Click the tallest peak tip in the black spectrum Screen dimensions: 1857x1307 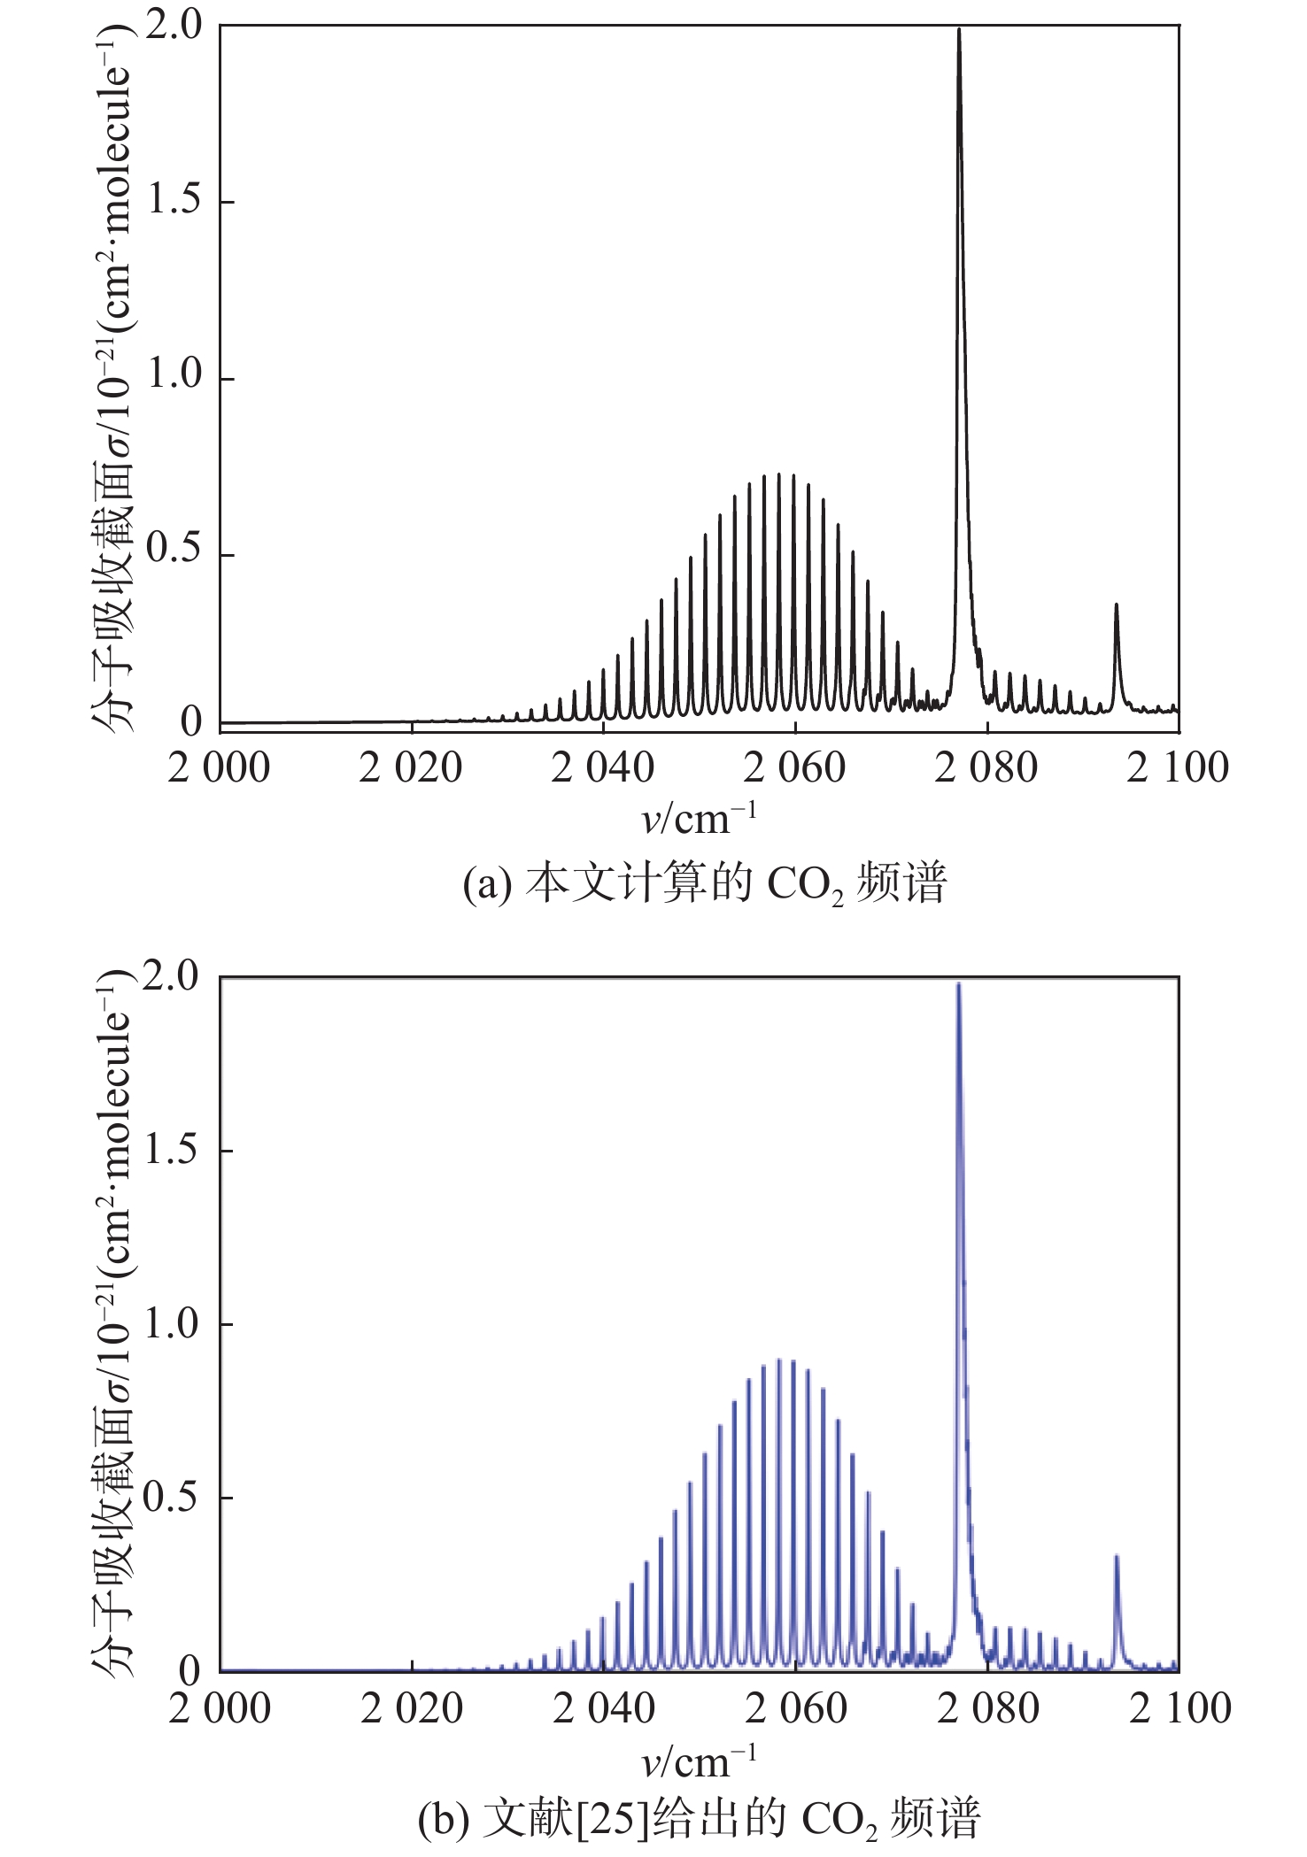click(958, 31)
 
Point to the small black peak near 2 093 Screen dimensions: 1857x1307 click(1116, 605)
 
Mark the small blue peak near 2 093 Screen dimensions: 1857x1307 click(1117, 1557)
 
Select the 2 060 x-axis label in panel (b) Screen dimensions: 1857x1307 click(796, 1708)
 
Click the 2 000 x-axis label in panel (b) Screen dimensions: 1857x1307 click(220, 1708)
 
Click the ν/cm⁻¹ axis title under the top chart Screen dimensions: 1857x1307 click(699, 819)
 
